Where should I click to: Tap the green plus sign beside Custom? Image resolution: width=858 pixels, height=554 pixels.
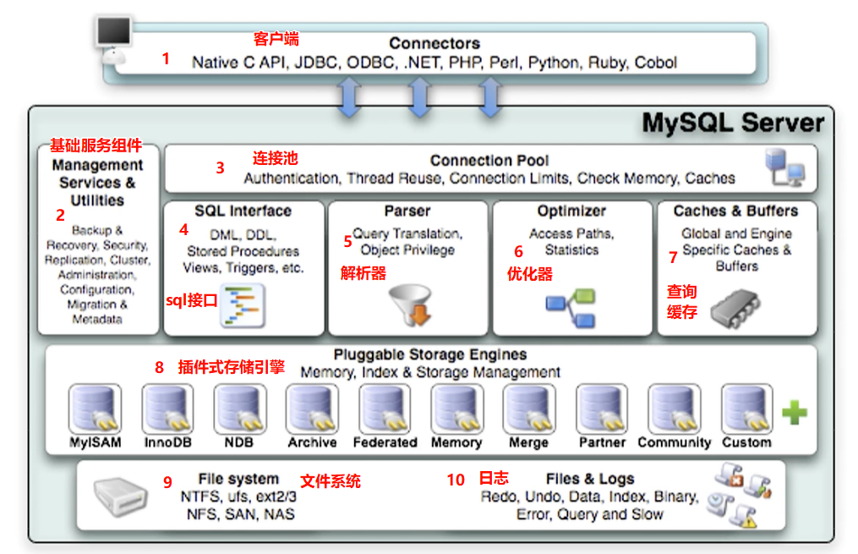pos(794,413)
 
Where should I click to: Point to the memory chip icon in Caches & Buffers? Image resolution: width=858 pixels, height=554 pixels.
pos(734,307)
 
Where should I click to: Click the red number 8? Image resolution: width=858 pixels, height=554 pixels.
pos(159,367)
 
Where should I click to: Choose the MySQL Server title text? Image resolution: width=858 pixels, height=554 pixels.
pos(732,123)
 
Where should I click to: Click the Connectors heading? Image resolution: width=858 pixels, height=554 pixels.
pos(434,43)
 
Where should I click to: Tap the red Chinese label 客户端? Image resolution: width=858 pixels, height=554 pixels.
pos(276,39)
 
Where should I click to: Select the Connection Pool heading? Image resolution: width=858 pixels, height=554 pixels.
pos(489,160)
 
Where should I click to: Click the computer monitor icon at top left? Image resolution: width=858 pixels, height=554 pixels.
pos(113,35)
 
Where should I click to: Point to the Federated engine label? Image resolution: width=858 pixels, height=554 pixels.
pos(385,442)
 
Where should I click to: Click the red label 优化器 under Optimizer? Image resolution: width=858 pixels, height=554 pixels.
pos(529,273)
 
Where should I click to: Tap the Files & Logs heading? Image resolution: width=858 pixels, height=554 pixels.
pos(589,479)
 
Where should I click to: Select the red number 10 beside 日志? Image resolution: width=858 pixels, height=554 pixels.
pos(456,480)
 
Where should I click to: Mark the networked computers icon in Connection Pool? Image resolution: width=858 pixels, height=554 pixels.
pos(784,167)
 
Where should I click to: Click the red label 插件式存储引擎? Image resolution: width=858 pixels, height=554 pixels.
pos(231,367)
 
